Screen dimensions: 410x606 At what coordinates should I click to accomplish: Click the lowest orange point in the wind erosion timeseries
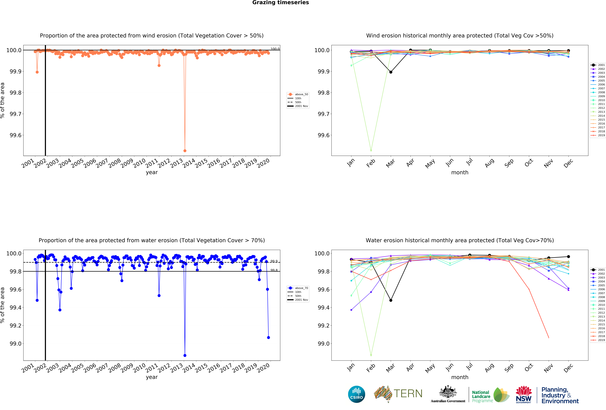(x=185, y=151)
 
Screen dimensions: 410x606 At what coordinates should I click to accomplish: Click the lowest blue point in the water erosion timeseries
(x=185, y=355)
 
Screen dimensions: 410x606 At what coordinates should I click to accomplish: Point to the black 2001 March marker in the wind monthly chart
(x=391, y=72)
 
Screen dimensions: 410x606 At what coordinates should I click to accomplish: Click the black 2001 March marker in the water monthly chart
(x=391, y=300)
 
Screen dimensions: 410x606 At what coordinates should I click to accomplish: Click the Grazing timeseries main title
(x=281, y=3)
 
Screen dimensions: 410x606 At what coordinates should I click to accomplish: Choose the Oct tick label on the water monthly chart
(x=529, y=368)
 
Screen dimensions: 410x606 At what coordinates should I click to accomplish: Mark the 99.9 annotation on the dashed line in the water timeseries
(x=274, y=261)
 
